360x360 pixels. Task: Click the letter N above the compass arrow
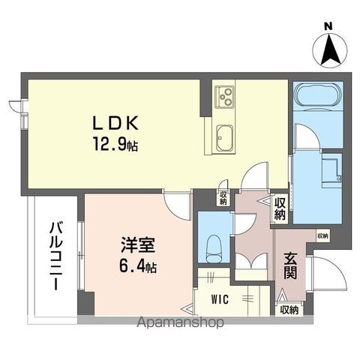[328, 27]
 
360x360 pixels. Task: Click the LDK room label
[113, 123]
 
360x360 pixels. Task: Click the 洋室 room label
[136, 245]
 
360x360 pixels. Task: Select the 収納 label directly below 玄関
[289, 309]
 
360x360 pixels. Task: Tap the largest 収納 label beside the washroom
[279, 208]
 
